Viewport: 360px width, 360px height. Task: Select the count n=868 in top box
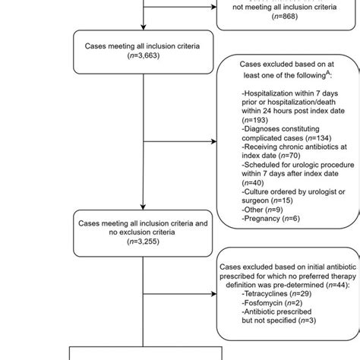pos(285,19)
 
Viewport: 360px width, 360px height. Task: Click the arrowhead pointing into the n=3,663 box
pos(142,28)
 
